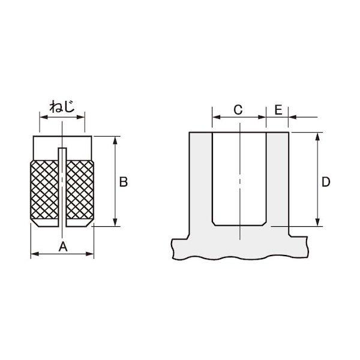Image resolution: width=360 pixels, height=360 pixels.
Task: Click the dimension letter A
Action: click(x=63, y=247)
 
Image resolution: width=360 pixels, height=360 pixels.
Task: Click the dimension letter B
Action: click(x=123, y=182)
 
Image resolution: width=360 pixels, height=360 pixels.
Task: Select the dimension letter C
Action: click(x=238, y=110)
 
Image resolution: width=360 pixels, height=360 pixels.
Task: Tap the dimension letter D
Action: click(x=326, y=182)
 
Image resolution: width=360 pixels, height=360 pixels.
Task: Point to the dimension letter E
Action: click(x=278, y=110)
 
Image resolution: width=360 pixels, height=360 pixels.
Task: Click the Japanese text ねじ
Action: click(x=62, y=107)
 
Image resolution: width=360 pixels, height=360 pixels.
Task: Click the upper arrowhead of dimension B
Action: click(x=115, y=140)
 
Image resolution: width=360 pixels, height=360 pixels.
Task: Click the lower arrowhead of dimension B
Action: click(x=115, y=222)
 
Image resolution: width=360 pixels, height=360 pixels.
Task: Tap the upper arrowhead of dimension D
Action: click(x=317, y=137)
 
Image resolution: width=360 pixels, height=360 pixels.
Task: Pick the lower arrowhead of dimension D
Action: click(x=317, y=222)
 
